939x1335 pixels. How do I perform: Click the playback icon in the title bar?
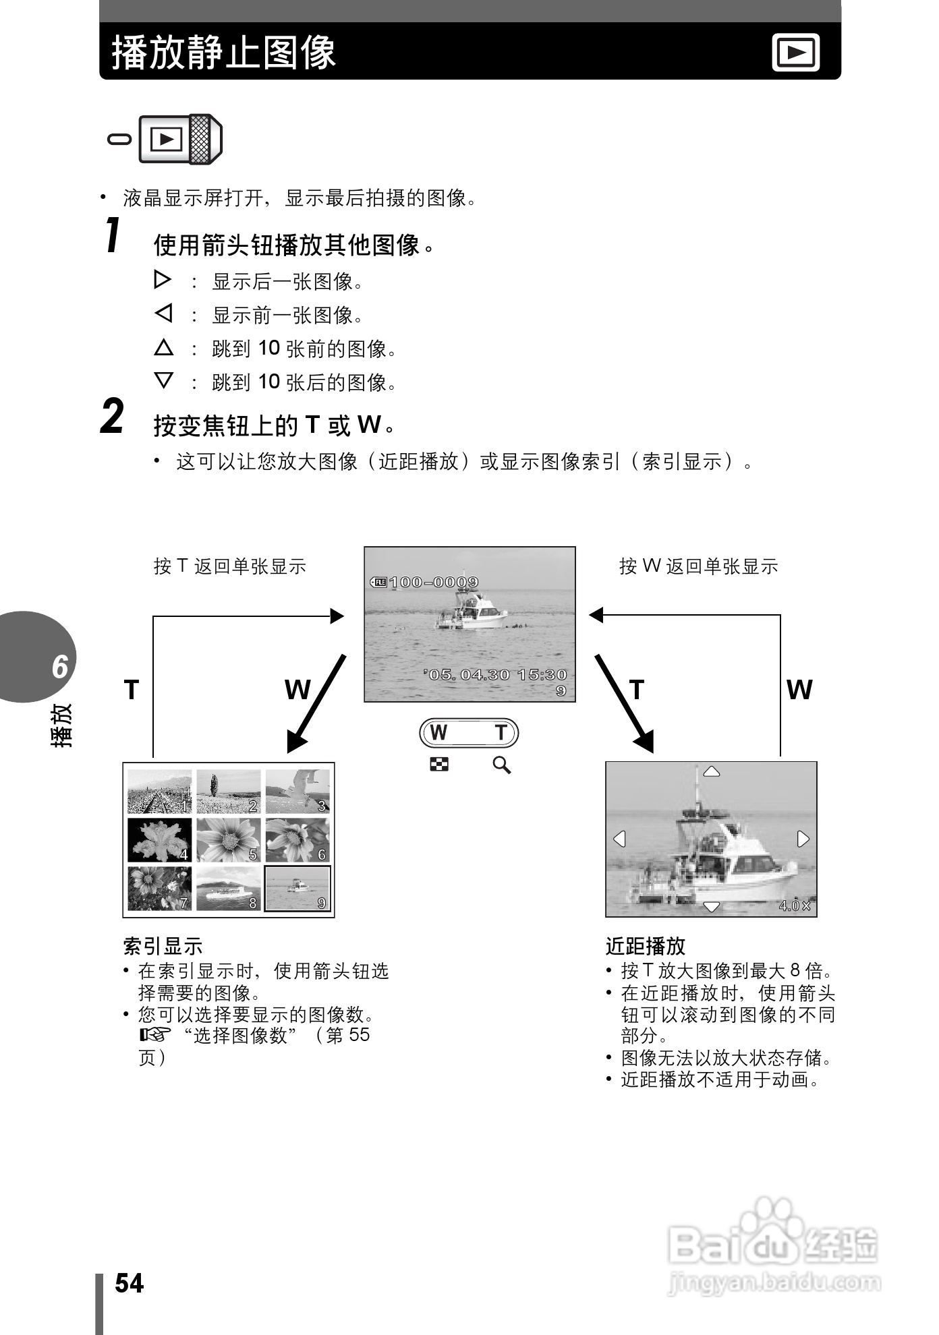coord(795,52)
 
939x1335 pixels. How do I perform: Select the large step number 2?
coord(112,416)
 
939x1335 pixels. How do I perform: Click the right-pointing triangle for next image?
coord(163,279)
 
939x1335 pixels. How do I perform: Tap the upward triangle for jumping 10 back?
coord(163,348)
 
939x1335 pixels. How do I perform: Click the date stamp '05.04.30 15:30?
coord(496,674)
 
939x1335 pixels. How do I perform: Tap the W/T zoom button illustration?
coord(469,733)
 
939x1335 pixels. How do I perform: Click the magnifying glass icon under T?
coord(501,765)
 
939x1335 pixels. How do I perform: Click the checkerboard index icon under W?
coord(439,765)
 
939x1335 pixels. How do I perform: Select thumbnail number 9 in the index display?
coord(297,888)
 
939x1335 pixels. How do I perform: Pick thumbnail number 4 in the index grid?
coord(160,839)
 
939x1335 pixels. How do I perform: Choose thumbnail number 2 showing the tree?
coord(228,792)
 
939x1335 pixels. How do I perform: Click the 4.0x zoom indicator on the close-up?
coord(795,906)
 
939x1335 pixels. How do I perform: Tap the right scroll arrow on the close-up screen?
coord(803,839)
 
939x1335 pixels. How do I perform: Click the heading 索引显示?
coord(163,946)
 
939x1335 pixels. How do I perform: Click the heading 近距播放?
coord(645,946)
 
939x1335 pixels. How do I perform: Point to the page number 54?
coord(129,1283)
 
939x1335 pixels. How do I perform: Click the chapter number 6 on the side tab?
coord(60,666)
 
